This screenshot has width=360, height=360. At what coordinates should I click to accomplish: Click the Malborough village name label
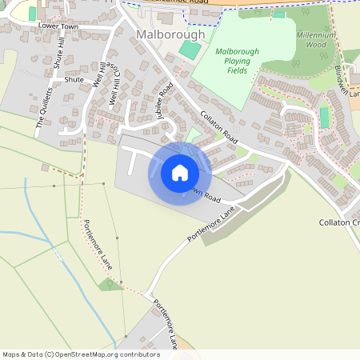click(170, 35)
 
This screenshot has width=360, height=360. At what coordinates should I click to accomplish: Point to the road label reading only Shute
click(74, 80)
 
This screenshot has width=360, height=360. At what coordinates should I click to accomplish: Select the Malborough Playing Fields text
click(237, 62)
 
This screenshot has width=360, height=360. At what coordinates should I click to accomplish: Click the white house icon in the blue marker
click(180, 173)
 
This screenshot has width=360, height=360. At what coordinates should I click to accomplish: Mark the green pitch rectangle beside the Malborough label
click(190, 50)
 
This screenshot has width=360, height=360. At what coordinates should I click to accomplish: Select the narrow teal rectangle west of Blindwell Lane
click(324, 117)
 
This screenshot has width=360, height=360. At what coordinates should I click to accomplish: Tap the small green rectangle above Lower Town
click(33, 13)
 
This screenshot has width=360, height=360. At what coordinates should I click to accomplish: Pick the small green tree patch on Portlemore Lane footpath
click(109, 283)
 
